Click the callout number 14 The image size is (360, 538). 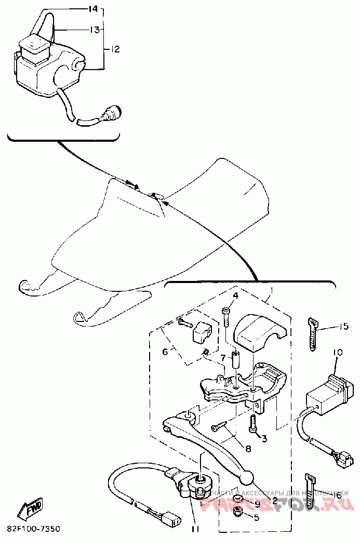94,9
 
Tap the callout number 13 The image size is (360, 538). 94,30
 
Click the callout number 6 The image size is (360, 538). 165,352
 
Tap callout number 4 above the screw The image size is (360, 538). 235,295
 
